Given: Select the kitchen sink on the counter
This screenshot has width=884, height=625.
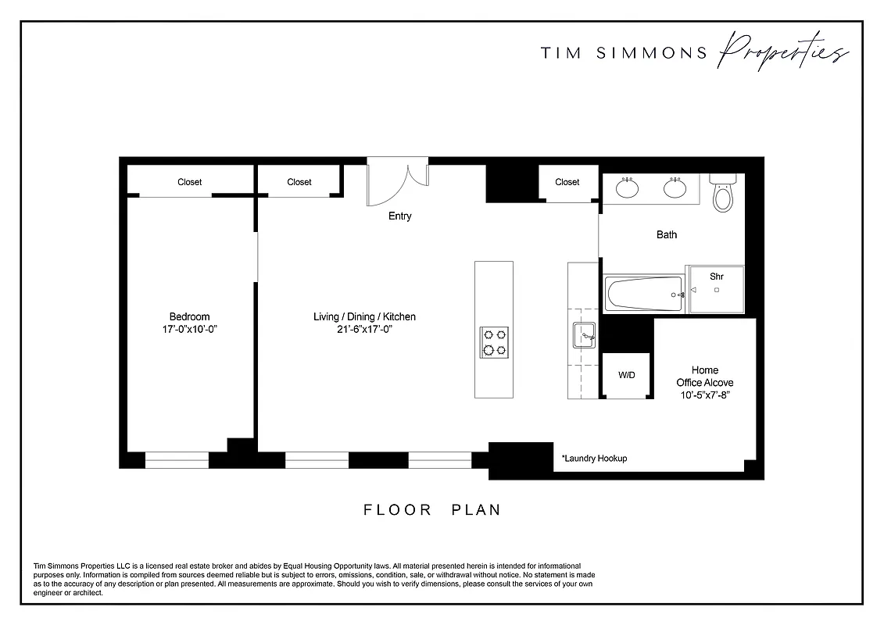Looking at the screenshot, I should click(x=584, y=335).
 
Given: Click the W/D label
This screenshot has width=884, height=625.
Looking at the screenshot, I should click(x=627, y=375).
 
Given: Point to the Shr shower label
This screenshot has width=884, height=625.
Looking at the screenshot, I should click(x=716, y=277).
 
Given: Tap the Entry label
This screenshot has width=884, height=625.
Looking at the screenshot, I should click(x=399, y=216).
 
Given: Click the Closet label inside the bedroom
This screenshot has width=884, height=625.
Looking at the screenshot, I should click(x=189, y=182).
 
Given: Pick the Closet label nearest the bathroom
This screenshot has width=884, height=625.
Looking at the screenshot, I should click(x=567, y=182).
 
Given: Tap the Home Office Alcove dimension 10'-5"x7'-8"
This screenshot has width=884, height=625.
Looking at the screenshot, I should click(x=704, y=395).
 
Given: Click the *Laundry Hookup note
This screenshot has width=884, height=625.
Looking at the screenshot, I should click(x=594, y=459).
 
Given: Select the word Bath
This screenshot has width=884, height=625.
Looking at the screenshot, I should click(x=666, y=234).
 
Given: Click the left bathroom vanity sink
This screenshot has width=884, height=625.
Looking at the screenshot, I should click(x=627, y=187).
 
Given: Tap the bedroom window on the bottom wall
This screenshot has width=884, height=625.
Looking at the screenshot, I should click(x=177, y=461).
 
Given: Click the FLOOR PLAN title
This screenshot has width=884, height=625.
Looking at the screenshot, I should click(x=431, y=510).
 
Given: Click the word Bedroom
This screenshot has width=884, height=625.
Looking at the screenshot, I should click(x=189, y=316).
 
